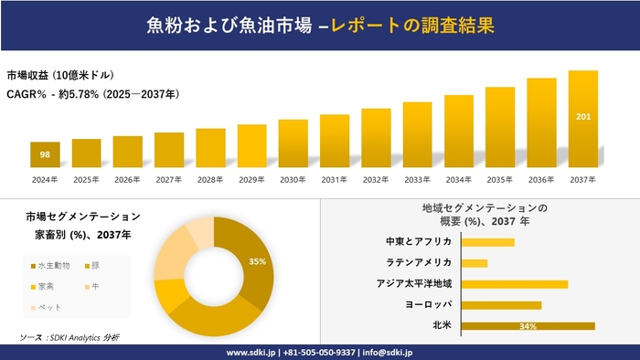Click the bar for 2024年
coord(45,155)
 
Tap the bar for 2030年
coord(293,143)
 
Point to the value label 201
coord(582,117)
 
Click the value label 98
coord(45,154)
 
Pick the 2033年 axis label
coord(417,180)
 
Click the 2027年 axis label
coord(168,180)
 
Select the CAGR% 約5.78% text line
coord(91,93)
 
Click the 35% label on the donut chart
coord(257,261)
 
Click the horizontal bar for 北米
coord(528,325)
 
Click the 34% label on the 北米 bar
coord(527,326)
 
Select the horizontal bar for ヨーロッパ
coord(501,304)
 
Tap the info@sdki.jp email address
coord(389,352)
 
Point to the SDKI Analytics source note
coord(69,337)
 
